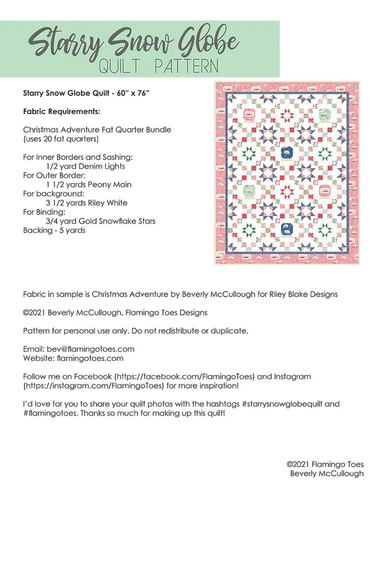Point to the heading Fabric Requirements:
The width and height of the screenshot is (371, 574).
tap(62, 111)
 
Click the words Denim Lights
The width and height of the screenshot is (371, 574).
tap(101, 166)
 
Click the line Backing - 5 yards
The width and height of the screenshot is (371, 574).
tap(54, 230)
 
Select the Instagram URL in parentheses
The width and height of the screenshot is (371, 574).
tap(93, 385)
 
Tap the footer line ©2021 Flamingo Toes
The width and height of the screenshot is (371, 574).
tap(325, 464)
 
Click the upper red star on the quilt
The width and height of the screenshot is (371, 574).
tap(287, 116)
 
